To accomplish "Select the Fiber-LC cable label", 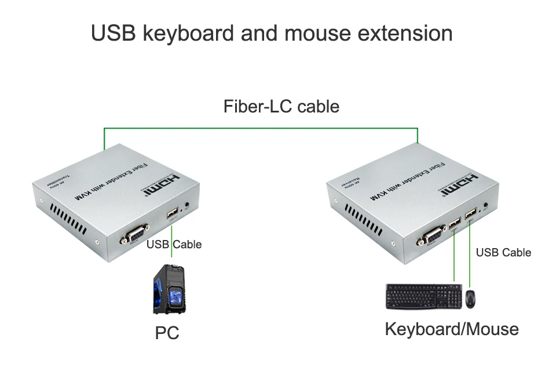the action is point(281,106).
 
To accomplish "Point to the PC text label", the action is point(167,333).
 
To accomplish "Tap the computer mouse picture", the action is point(471,299).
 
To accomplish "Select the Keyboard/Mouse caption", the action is point(452,329).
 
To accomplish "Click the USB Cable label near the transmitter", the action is point(174,244).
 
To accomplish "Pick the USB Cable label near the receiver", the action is point(503,252).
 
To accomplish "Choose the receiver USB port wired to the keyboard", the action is point(453,223).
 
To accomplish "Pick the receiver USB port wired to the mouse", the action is point(469,215).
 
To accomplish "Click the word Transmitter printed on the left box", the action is point(60,181).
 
